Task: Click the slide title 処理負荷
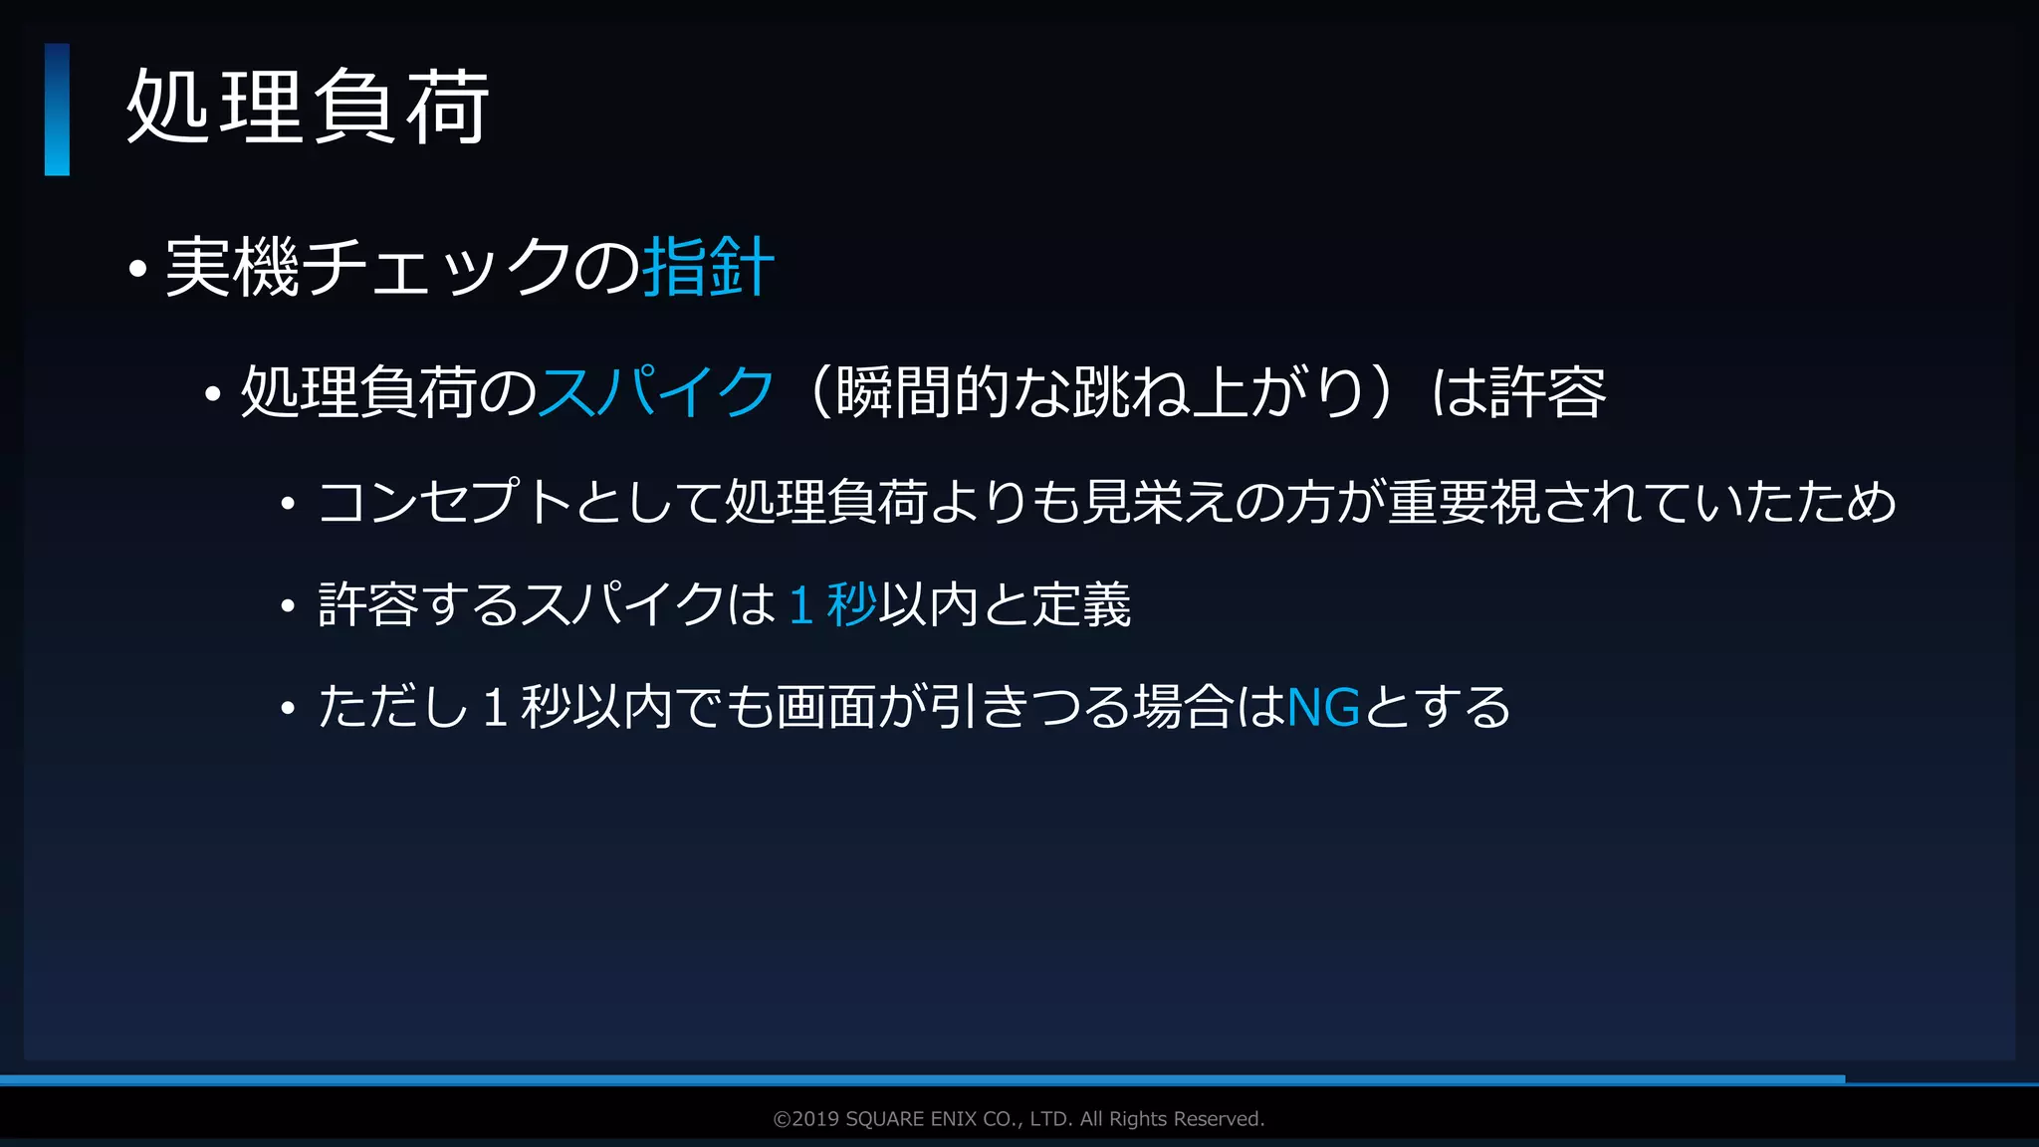(x=308, y=108)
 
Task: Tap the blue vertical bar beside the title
(x=57, y=110)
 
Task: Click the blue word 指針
(x=708, y=267)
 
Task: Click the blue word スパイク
(x=656, y=391)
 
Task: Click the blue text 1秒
(x=832, y=604)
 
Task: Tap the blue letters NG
(x=1323, y=708)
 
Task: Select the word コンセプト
(x=444, y=501)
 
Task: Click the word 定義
(x=1081, y=604)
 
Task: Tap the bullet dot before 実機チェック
(x=138, y=269)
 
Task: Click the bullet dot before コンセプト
(x=288, y=504)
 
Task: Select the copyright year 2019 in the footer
(x=815, y=1119)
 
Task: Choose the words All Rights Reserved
(x=1172, y=1119)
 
